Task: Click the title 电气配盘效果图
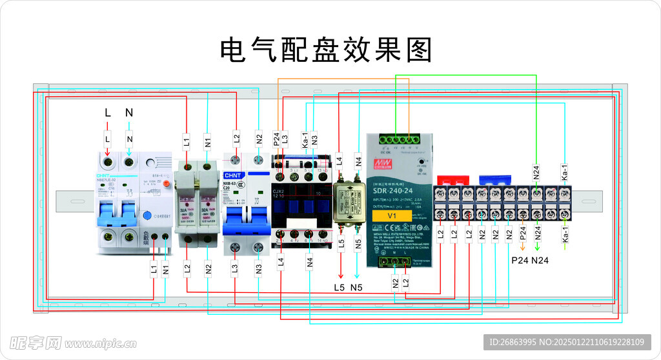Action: tap(326, 50)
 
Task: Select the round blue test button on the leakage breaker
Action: tap(147, 217)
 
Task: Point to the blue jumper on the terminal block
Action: tap(495, 179)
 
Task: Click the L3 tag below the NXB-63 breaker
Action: tap(235, 267)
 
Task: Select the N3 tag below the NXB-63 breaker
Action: tap(258, 267)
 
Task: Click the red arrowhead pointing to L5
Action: tap(341, 276)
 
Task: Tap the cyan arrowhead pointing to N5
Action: tap(358, 276)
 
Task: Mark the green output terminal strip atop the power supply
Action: tap(395, 139)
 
